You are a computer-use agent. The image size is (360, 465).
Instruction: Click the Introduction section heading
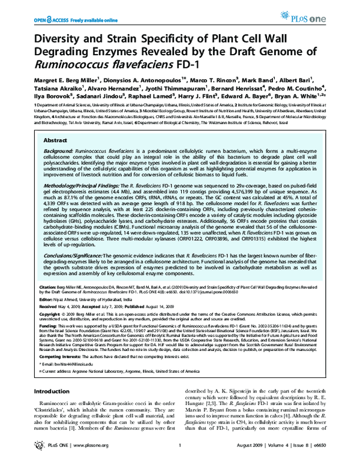coord(55,391)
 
